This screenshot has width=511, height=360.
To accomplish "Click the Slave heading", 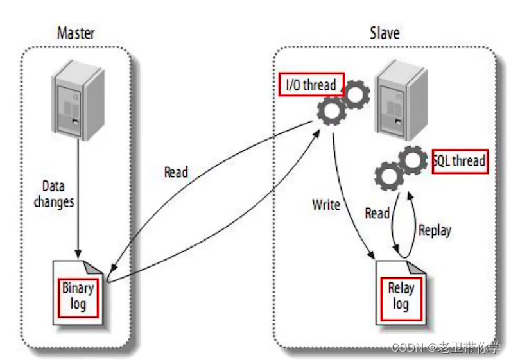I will coord(385,33).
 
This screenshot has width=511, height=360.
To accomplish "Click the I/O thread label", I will coord(311,85).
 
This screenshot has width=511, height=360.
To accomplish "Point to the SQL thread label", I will coord(460,160).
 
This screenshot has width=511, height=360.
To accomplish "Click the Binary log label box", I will coord(78,296).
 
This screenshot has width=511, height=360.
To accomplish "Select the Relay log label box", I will coord(401,296).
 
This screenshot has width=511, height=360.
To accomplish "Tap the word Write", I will coord(326,205).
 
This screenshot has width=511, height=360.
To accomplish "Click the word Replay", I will coord(435,230).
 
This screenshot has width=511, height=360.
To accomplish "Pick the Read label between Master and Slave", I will coord(176,172).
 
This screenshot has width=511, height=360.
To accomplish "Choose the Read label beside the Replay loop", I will coord(377,212).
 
